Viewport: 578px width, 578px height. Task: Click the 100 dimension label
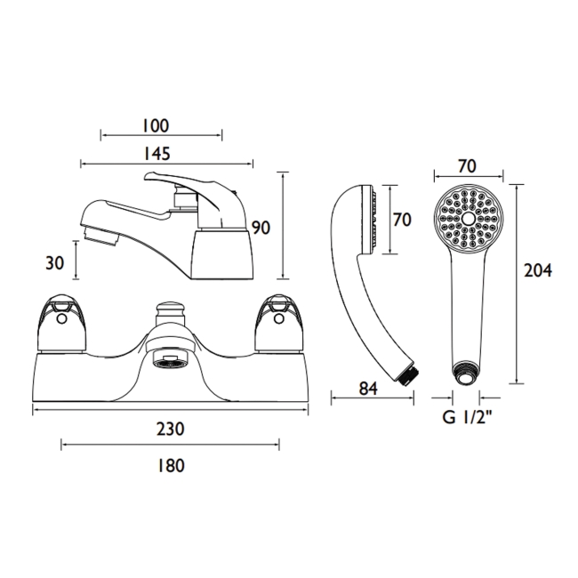pyautogui.click(x=156, y=125)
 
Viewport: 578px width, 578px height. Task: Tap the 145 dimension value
pyautogui.click(x=157, y=153)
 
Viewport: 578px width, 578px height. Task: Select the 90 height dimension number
pyautogui.click(x=261, y=228)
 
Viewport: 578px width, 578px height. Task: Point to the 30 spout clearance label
pyautogui.click(x=54, y=263)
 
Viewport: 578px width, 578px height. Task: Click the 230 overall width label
pyautogui.click(x=171, y=429)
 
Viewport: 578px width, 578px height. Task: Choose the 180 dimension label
pyautogui.click(x=171, y=466)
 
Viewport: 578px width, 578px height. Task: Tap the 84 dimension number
pyautogui.click(x=369, y=389)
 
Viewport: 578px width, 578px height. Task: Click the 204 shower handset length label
pyautogui.click(x=538, y=271)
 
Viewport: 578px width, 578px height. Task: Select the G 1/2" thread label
pyautogui.click(x=468, y=418)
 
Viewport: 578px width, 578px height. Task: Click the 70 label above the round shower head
pyautogui.click(x=467, y=166)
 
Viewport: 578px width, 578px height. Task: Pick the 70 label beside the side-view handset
pyautogui.click(x=402, y=220)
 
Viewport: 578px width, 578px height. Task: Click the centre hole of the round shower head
pyautogui.click(x=469, y=219)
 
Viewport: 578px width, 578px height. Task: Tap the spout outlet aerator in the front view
pyautogui.click(x=170, y=361)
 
